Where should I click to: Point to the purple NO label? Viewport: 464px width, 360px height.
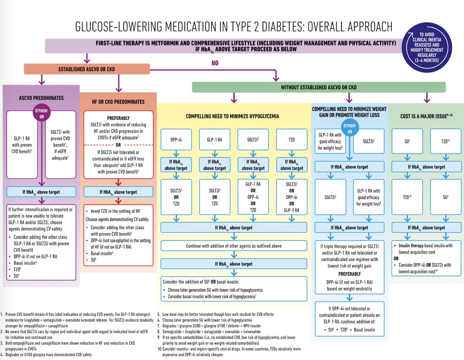[x=215, y=63]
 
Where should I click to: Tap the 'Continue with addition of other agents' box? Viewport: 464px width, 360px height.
[x=234, y=246]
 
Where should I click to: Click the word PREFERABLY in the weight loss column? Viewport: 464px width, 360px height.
[x=349, y=273]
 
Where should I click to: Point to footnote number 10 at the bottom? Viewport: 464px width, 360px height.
[x=159, y=349]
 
